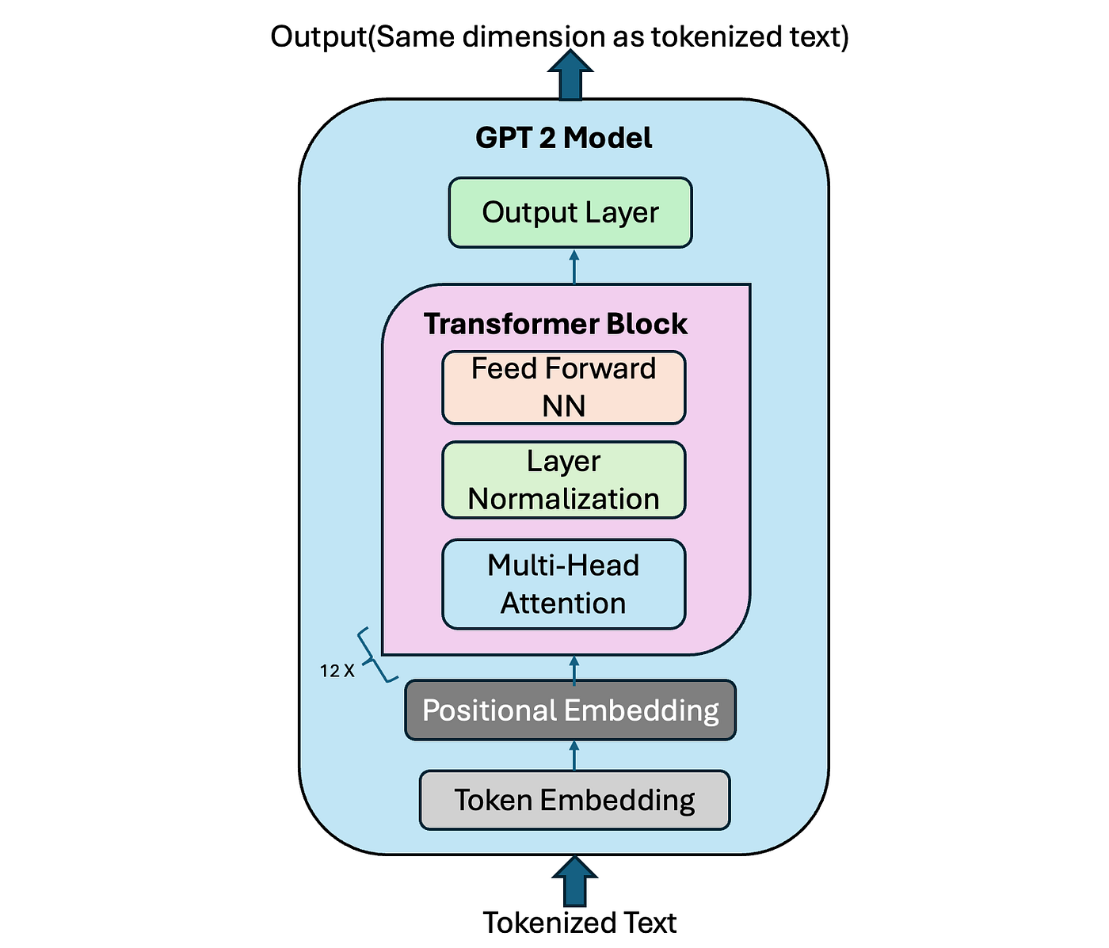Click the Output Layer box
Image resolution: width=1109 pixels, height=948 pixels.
[570, 212]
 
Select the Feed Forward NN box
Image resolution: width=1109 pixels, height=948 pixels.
[563, 387]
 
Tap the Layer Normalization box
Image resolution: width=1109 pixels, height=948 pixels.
[563, 480]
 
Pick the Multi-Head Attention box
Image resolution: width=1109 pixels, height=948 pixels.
[563, 584]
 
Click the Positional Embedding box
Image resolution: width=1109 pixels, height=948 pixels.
[570, 710]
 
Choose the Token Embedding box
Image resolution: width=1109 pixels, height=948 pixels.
[574, 800]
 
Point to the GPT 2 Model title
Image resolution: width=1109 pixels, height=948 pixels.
[563, 138]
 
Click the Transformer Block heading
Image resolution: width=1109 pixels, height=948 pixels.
[555, 324]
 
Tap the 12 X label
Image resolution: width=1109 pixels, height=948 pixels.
[337, 672]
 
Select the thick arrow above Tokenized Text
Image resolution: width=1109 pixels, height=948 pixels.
[574, 880]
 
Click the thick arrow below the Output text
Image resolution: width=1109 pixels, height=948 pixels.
[570, 74]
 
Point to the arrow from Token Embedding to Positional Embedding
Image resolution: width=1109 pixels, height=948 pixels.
[574, 756]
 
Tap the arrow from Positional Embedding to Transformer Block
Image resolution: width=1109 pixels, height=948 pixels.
[574, 668]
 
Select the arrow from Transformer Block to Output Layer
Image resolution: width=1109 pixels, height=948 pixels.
[574, 267]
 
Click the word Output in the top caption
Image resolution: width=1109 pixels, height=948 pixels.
[317, 37]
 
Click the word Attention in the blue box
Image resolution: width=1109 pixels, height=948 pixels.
[563, 603]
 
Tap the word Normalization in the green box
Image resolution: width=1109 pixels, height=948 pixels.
[563, 499]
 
